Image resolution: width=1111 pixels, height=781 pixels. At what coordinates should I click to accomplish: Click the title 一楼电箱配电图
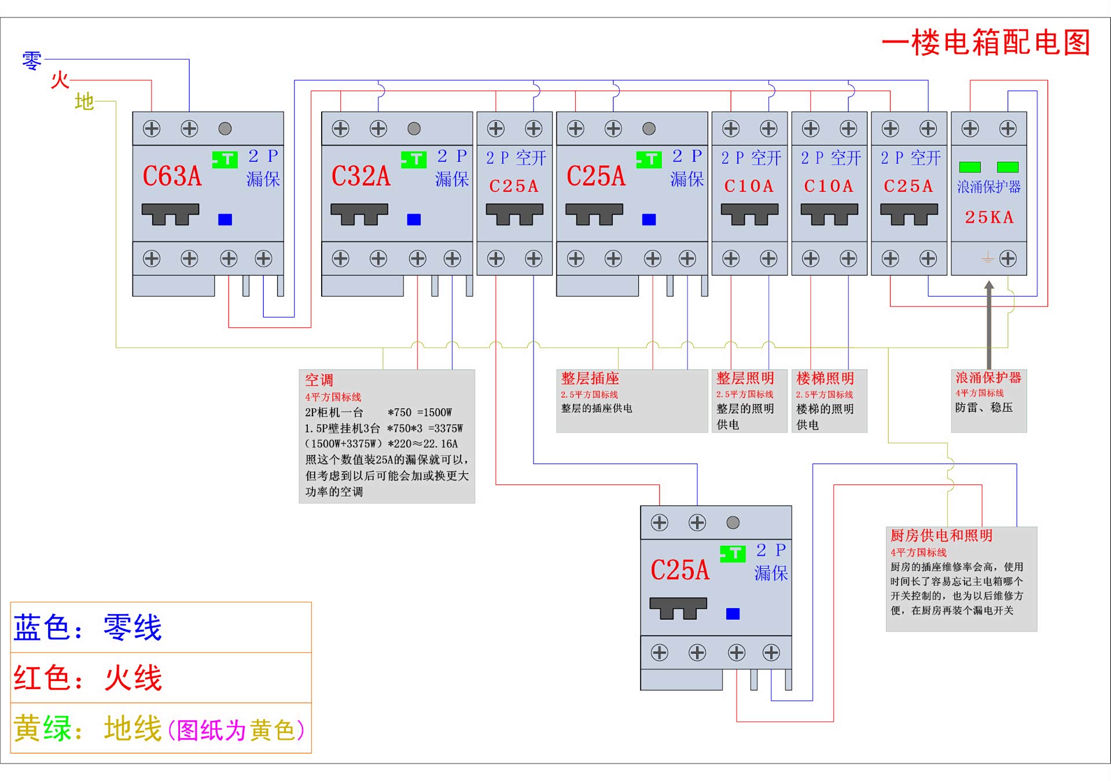pos(985,43)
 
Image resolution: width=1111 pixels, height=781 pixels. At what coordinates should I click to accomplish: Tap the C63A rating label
pos(172,176)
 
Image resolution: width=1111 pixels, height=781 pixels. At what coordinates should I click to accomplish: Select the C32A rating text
pos(360,176)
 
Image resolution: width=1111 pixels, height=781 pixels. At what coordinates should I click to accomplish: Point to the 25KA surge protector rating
pos(989,217)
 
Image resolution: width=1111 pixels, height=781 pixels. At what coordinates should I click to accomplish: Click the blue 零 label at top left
pos(32,60)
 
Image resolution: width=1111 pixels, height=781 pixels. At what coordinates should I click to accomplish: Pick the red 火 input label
pos(60,80)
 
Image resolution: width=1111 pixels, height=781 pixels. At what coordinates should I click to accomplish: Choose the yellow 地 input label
pos(84,102)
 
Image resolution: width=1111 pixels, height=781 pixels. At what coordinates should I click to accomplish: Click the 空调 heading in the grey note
pos(319,380)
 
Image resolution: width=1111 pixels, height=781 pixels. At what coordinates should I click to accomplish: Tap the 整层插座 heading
pos(590,378)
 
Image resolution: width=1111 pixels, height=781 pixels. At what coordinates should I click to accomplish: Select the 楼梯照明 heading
pos(825,378)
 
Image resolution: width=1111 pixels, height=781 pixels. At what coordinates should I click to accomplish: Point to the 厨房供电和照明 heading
pos(941,535)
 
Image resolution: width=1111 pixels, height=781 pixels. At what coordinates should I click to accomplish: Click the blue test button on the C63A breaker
pos(225,220)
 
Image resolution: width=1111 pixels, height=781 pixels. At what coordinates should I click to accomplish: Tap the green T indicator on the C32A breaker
pos(414,159)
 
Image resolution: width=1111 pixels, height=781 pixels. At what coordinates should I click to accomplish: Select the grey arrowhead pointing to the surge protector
pos(989,285)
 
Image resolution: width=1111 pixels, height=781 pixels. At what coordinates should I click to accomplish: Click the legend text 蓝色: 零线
pos(88,628)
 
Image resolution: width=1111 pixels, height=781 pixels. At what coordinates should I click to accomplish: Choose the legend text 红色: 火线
pos(88,678)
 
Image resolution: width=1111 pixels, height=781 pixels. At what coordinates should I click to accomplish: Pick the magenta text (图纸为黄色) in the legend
pos(236,730)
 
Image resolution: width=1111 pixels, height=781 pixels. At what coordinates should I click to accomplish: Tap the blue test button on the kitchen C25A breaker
pos(733,614)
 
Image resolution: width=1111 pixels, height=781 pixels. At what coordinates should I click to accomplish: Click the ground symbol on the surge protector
pos(987,258)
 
